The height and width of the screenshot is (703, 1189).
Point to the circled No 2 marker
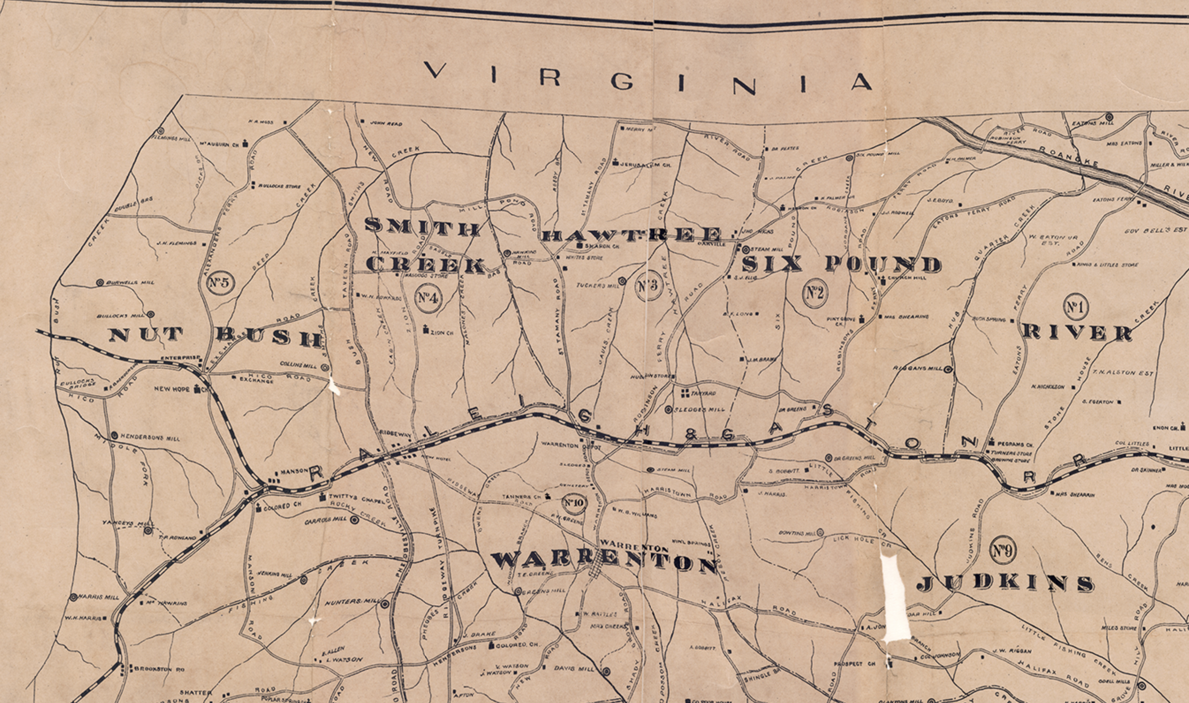tap(814, 294)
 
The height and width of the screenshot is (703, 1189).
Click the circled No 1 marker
tap(1075, 308)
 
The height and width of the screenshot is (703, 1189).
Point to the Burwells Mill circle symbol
tap(100, 282)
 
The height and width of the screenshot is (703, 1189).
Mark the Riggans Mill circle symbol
tap(948, 370)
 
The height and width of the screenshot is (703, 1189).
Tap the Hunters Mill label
tap(352, 602)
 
